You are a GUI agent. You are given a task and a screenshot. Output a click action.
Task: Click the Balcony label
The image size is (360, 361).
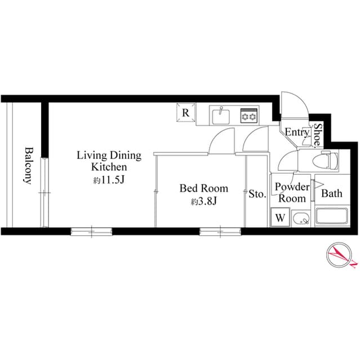(x=27, y=166)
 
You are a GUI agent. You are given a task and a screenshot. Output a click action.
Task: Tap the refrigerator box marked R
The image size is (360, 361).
(x=185, y=112)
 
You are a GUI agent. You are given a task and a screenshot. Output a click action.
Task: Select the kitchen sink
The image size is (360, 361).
(x=221, y=116)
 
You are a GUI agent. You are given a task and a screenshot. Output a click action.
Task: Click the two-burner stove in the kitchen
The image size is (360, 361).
(x=248, y=116)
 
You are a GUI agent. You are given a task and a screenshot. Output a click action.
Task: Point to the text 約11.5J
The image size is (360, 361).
(x=109, y=179)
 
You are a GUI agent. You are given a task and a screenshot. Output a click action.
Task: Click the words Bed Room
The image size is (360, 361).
(x=203, y=188)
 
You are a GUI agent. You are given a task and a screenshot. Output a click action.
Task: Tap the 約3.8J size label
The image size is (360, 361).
(x=203, y=201)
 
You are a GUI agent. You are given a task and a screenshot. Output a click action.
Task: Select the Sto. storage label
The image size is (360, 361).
(x=257, y=195)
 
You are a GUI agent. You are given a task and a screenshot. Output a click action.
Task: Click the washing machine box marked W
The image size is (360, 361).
(x=280, y=217)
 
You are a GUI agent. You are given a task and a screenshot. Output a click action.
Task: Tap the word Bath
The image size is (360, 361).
(x=331, y=193)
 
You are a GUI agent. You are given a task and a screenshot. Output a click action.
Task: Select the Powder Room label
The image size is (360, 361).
(x=291, y=192)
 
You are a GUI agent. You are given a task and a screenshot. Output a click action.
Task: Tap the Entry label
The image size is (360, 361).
(x=296, y=133)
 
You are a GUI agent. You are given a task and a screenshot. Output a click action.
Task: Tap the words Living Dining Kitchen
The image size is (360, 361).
(x=109, y=161)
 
